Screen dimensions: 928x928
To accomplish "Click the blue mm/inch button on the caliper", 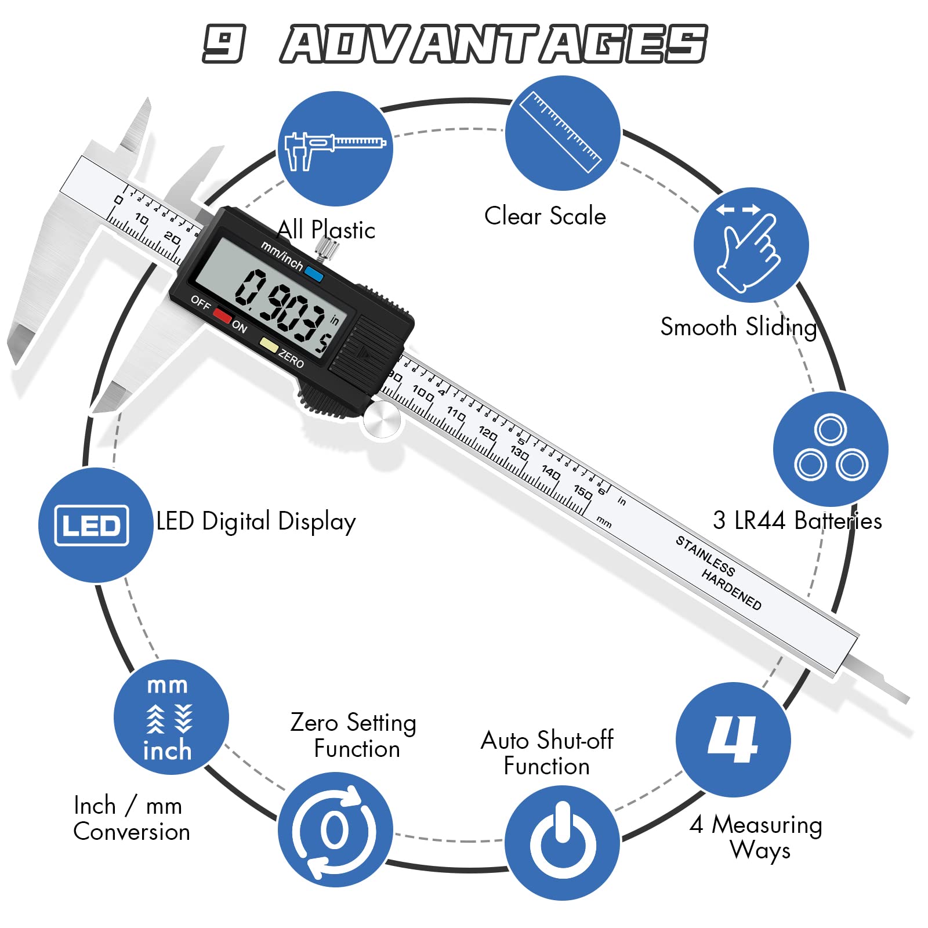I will tap(314, 274).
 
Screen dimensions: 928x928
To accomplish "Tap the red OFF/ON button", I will tap(222, 316).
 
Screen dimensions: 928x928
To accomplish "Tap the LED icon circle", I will tap(95, 525).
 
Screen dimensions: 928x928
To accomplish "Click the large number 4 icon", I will tap(733, 739).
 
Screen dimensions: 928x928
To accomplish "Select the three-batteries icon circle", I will tap(831, 449).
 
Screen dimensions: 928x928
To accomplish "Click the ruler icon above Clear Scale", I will tap(562, 133).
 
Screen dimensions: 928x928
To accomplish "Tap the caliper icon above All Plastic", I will tap(335, 148).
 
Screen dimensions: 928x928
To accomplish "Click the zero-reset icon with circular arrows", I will tap(335, 829).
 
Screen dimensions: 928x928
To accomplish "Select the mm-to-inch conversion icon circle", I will tap(171, 717).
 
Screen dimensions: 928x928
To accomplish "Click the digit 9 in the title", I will tap(224, 43).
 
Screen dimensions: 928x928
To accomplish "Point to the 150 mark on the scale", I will tap(582, 492).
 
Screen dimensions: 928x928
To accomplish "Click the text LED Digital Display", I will tap(256, 521).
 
